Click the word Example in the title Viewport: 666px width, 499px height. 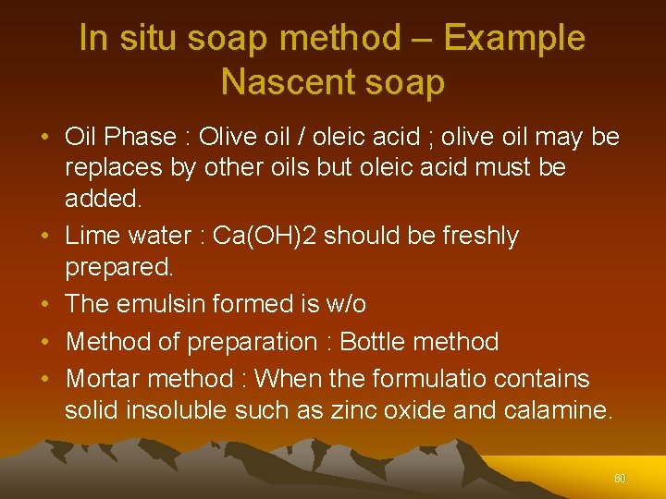tap(513, 39)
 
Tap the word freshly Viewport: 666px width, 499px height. tap(473, 236)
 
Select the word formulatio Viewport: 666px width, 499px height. tap(432, 379)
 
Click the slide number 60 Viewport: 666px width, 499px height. tap(620, 479)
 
